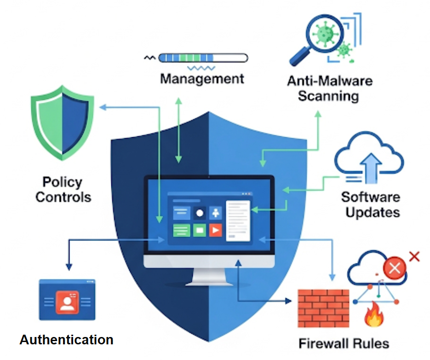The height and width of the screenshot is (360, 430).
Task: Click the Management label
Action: tap(202, 78)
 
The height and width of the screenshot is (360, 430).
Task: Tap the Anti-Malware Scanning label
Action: tap(329, 89)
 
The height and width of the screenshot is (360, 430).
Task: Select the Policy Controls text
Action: tap(63, 189)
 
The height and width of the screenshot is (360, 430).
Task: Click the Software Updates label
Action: tap(370, 204)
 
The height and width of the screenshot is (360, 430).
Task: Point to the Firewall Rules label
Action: tap(344, 343)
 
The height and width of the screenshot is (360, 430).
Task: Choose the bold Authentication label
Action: tap(66, 340)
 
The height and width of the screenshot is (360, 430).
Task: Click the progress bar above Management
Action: tap(203, 58)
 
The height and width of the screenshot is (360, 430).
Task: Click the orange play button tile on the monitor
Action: tap(215, 229)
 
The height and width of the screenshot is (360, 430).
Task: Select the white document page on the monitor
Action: tap(238, 220)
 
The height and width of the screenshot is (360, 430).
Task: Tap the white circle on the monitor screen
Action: tap(199, 213)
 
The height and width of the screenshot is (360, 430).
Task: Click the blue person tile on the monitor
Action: tap(215, 213)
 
